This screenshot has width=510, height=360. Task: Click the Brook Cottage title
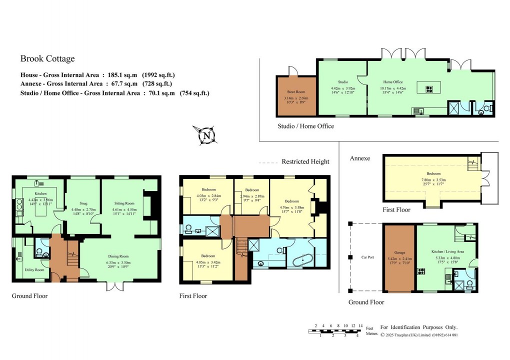click(x=47, y=59)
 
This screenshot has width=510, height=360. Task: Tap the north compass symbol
click(x=205, y=134)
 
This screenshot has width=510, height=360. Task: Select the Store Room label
click(x=296, y=91)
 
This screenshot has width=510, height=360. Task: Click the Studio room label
click(x=342, y=82)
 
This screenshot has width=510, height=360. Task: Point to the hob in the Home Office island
click(x=429, y=90)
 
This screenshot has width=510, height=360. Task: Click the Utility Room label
click(x=34, y=270)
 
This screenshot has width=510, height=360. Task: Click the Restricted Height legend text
click(x=305, y=161)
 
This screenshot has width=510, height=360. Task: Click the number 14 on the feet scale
click(x=360, y=325)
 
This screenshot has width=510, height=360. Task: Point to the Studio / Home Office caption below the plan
click(x=305, y=126)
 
